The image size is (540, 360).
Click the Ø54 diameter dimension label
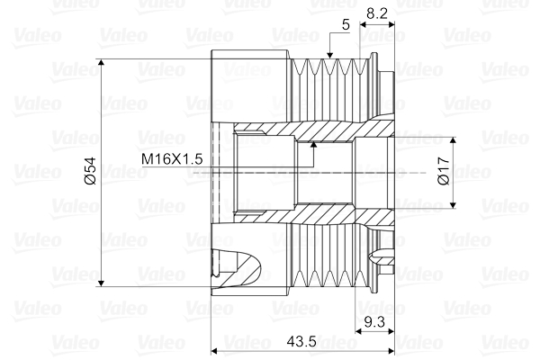[x=89, y=172]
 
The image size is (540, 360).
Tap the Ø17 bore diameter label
[x=443, y=171]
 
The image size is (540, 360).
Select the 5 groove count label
[x=346, y=25]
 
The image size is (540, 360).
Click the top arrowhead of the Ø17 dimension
[x=454, y=142]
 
